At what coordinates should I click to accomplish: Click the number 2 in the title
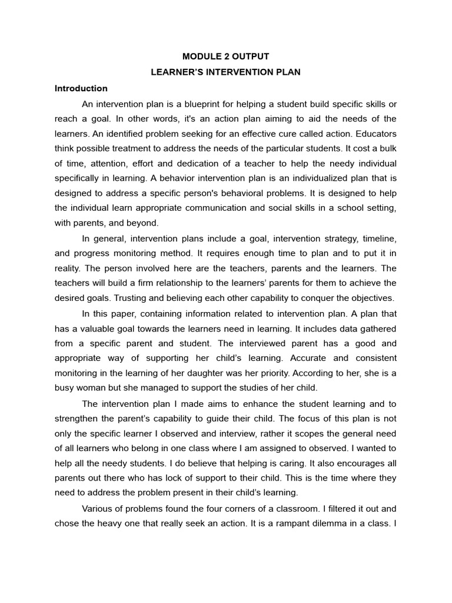[x=221, y=57]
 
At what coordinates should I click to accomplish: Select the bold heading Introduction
[x=81, y=88]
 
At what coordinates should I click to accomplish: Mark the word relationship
[x=171, y=283]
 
